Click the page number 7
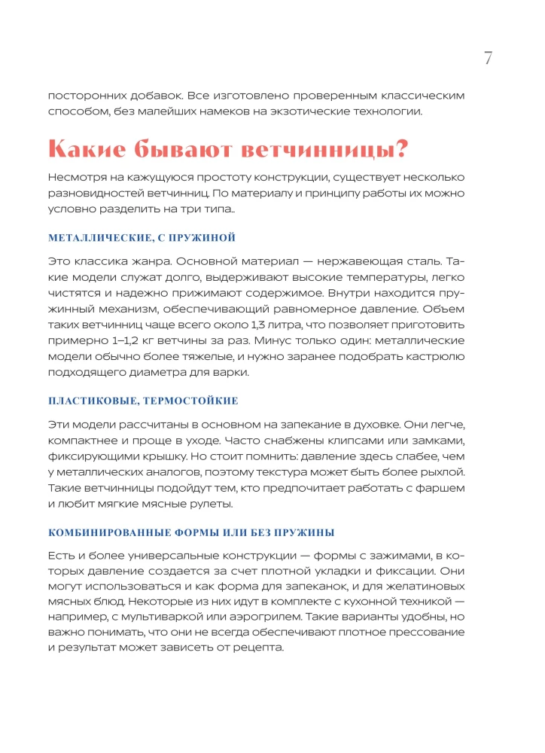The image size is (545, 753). click(x=488, y=58)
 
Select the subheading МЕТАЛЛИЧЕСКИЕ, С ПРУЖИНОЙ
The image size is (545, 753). click(x=142, y=238)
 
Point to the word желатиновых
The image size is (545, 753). click(x=443, y=585)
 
